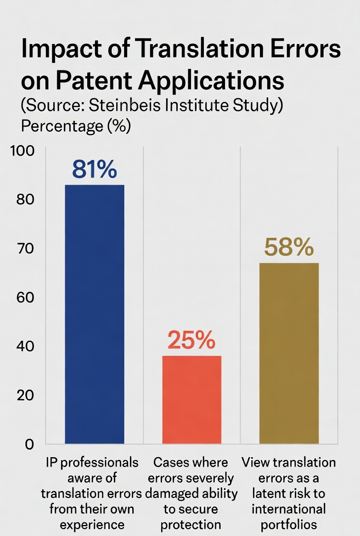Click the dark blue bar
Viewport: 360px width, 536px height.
point(95,314)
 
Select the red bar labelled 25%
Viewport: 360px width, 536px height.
point(191,399)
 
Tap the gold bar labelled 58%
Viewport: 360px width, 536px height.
point(289,353)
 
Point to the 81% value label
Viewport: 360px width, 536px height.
point(95,170)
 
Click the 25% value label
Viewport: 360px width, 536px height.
point(191,340)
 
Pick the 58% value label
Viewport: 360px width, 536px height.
point(289,248)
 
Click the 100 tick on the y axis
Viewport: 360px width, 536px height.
point(22,151)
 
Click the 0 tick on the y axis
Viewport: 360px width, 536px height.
point(29,444)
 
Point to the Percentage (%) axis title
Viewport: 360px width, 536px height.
point(76,126)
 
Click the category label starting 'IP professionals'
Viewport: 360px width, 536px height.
point(92,493)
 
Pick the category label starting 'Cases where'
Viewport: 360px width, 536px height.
point(191,493)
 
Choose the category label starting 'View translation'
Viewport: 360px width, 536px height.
point(289,493)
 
